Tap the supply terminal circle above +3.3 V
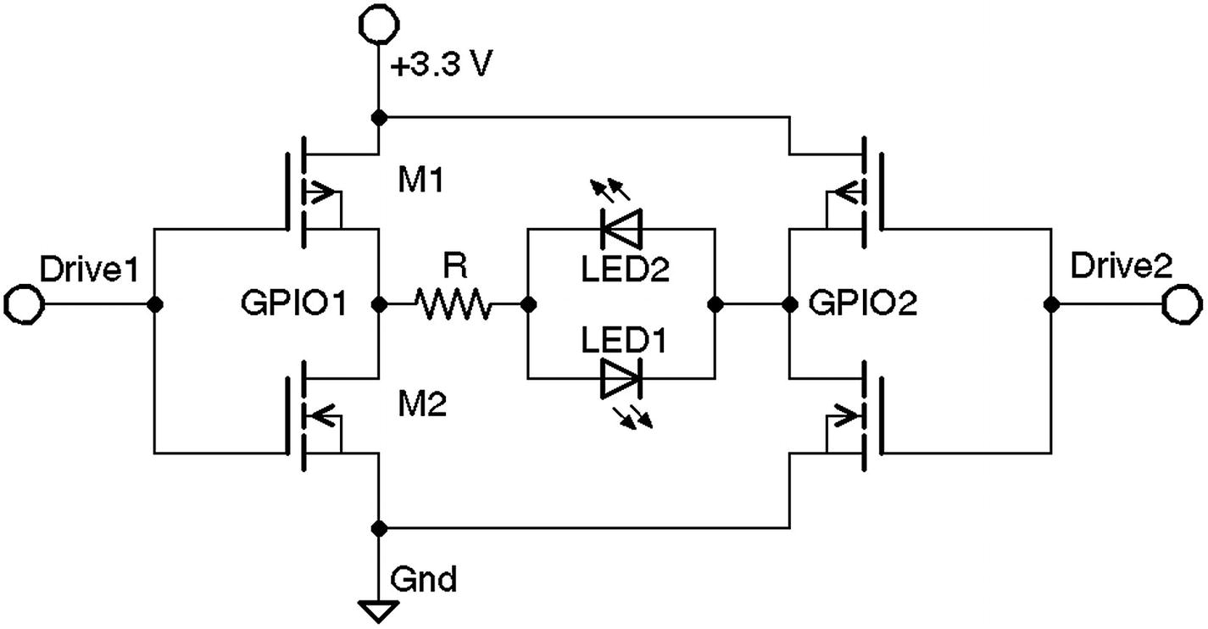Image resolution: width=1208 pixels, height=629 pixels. tap(377, 23)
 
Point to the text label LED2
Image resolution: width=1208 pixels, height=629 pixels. tap(625, 270)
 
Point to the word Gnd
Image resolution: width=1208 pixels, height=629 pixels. tap(424, 581)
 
